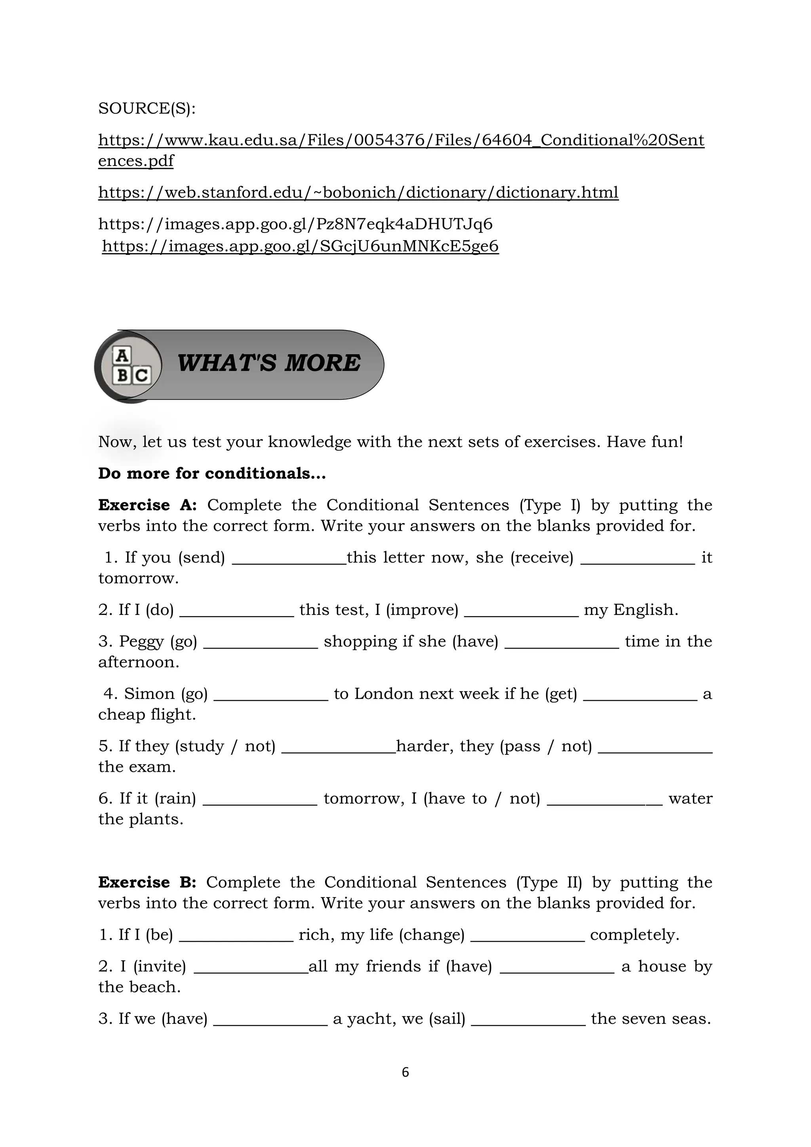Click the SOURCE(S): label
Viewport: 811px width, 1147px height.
(147, 109)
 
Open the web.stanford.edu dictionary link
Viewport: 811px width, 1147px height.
(358, 192)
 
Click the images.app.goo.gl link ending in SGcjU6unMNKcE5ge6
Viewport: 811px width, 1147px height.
(300, 246)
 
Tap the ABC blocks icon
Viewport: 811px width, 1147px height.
(131, 366)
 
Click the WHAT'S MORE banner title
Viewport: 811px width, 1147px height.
(268, 363)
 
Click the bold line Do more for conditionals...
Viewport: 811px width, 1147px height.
(212, 473)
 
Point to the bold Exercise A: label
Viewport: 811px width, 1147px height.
(147, 505)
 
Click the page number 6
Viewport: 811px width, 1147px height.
(405, 1072)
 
